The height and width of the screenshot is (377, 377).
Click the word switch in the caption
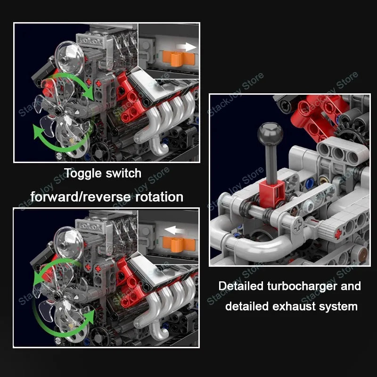click(x=124, y=173)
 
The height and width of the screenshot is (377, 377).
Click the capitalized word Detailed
click(x=241, y=286)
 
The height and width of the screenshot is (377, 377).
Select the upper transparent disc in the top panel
click(x=66, y=53)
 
